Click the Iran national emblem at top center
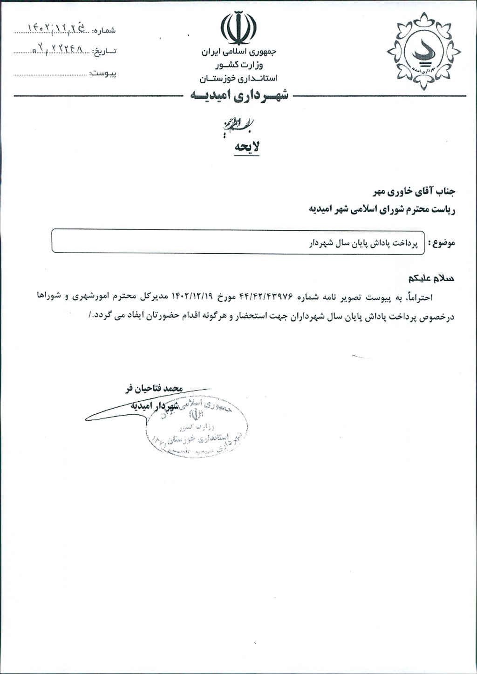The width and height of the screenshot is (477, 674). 238,28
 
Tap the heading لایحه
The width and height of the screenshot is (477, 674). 247,147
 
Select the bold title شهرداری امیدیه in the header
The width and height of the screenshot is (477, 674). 239,95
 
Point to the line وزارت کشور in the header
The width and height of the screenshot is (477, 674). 238,65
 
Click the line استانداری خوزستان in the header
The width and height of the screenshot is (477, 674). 238,77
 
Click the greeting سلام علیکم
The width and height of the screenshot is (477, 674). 431,279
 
